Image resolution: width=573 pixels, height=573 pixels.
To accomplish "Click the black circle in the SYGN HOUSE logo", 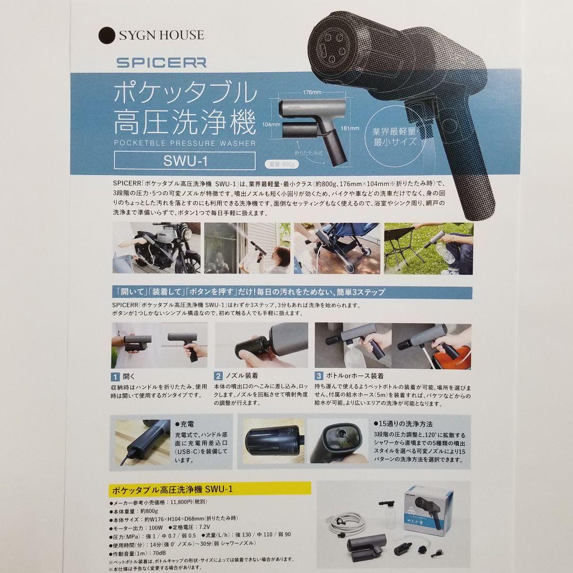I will [x=108, y=35].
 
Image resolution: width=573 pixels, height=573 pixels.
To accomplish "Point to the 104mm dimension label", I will [x=271, y=125].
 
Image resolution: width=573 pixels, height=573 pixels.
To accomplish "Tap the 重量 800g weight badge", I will [x=280, y=163].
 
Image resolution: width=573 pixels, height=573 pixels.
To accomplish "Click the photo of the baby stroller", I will [x=337, y=248].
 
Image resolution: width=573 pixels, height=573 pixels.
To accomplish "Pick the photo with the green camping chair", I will [x=428, y=248].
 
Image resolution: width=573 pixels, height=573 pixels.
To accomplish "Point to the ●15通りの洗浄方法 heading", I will [x=402, y=424].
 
